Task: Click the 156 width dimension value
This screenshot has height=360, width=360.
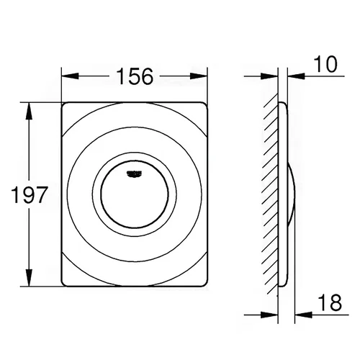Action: [x=135, y=76]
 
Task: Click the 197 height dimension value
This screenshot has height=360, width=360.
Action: [x=30, y=194]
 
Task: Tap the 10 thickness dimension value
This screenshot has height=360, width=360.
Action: [x=325, y=64]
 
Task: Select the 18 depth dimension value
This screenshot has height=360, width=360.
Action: [x=329, y=302]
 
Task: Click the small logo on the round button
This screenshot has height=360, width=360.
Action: [x=135, y=174]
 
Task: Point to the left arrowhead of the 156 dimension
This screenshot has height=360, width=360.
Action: [x=71, y=76]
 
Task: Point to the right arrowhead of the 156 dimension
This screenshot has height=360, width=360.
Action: [x=199, y=76]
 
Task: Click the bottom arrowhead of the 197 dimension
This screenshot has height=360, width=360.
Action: [x=29, y=278]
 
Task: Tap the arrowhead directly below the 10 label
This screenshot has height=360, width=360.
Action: [x=296, y=76]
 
